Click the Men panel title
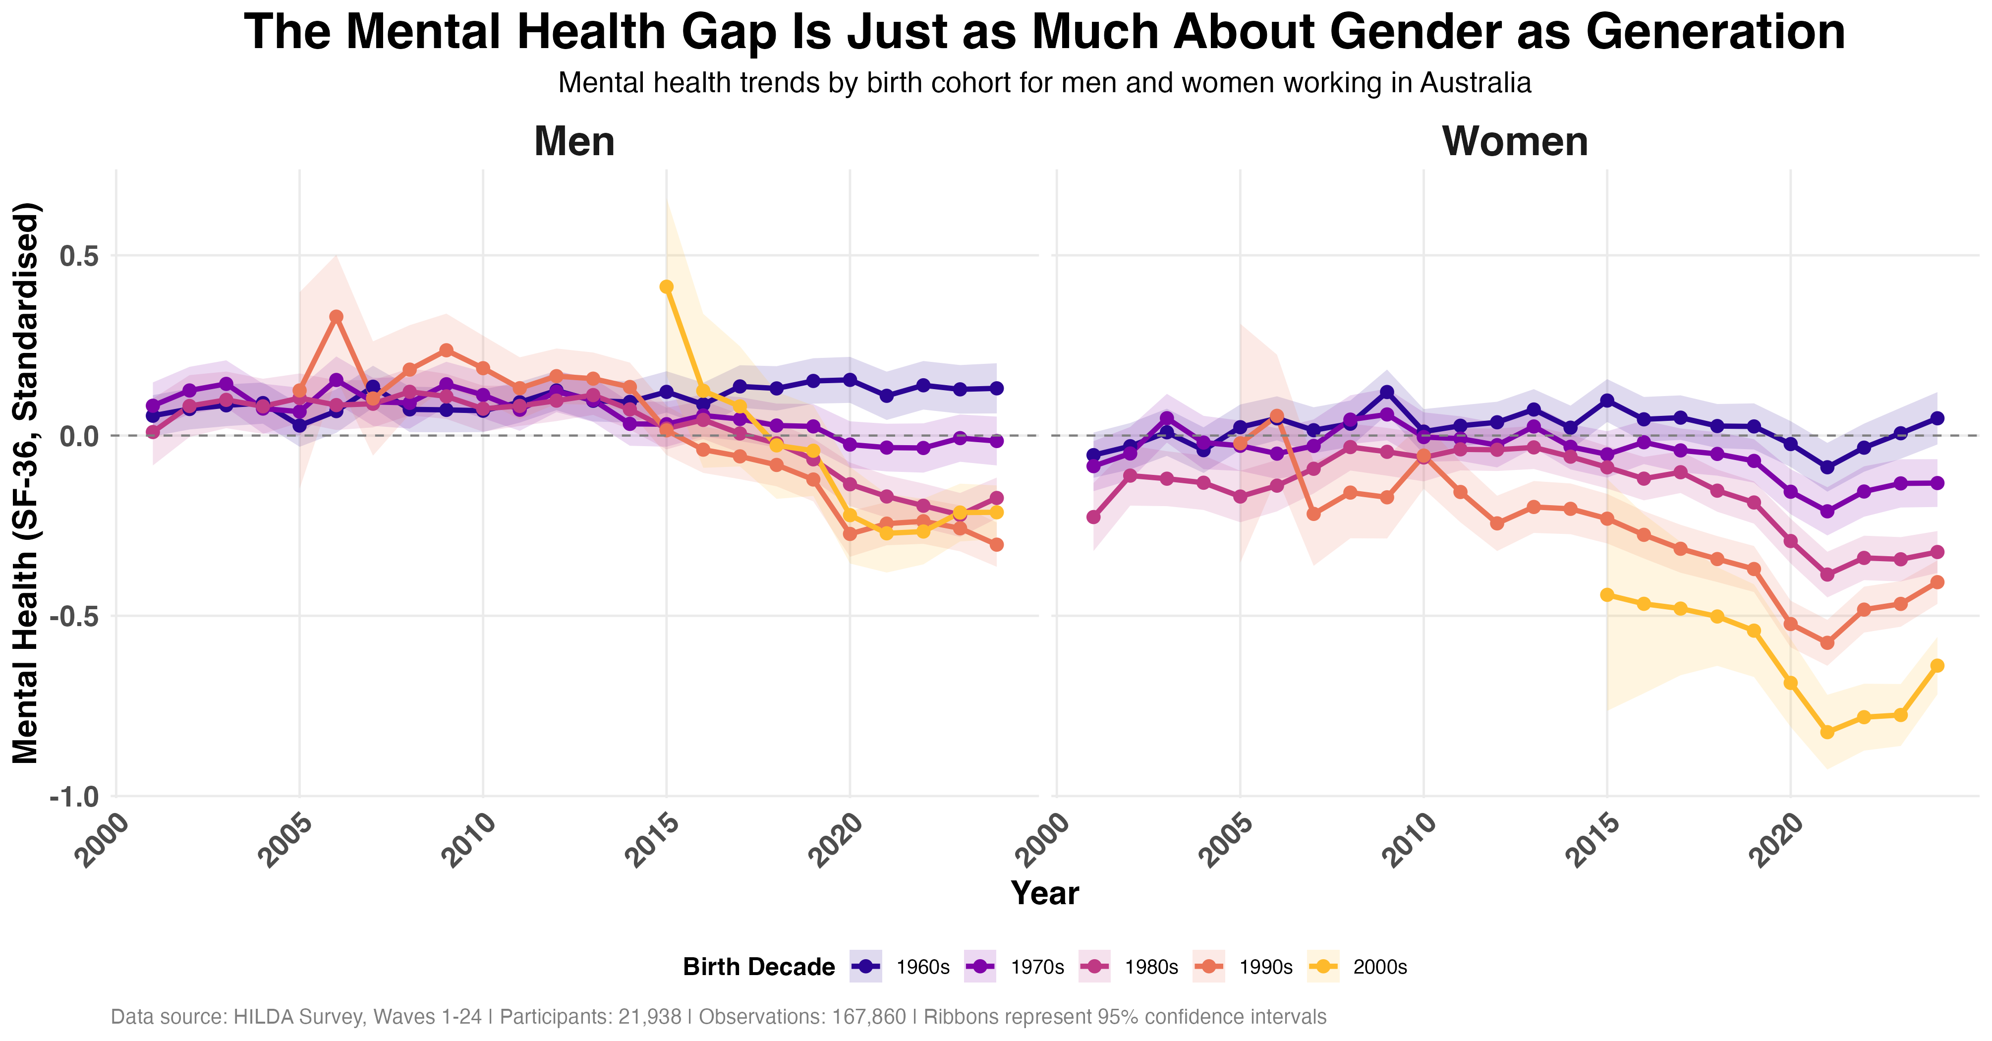pyautogui.click(x=574, y=142)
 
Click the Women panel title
pyautogui.click(x=1514, y=142)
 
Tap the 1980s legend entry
pyautogui.click(x=1129, y=967)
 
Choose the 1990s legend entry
pyautogui.click(x=1244, y=967)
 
